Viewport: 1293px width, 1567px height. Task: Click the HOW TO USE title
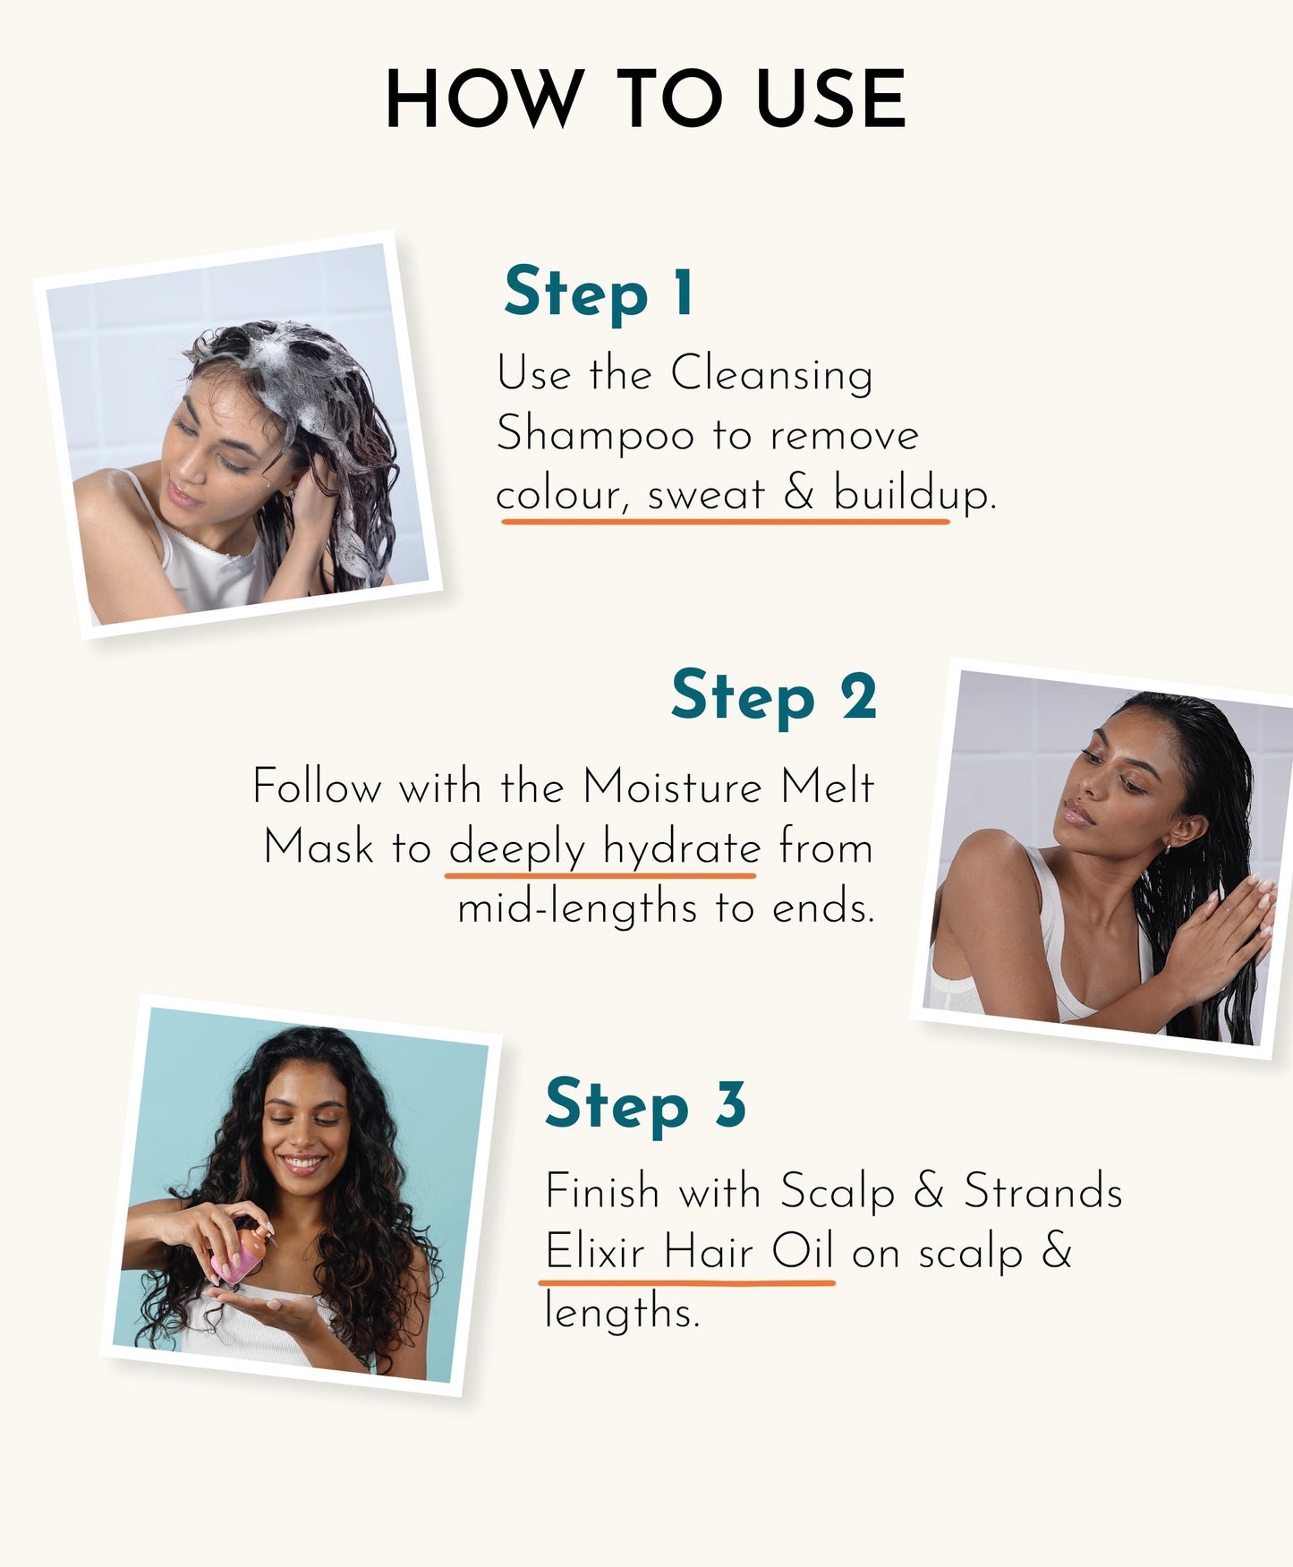tap(645, 98)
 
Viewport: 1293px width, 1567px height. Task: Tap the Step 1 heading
tap(598, 292)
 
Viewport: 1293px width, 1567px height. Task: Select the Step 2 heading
tap(773, 696)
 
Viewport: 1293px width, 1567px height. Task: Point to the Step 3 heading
tap(645, 1104)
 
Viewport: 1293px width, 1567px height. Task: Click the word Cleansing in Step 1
tap(771, 373)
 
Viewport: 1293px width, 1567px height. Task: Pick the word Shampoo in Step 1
tap(595, 436)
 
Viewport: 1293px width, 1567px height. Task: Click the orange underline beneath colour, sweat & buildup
tap(725, 520)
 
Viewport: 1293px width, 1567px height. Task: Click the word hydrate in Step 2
tap(681, 847)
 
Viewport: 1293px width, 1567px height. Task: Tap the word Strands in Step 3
tap(1042, 1192)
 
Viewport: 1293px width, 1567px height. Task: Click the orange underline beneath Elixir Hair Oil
tap(686, 1282)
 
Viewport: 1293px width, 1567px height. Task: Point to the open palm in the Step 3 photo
tap(268, 1305)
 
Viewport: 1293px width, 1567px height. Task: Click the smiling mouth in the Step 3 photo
tap(302, 1163)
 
